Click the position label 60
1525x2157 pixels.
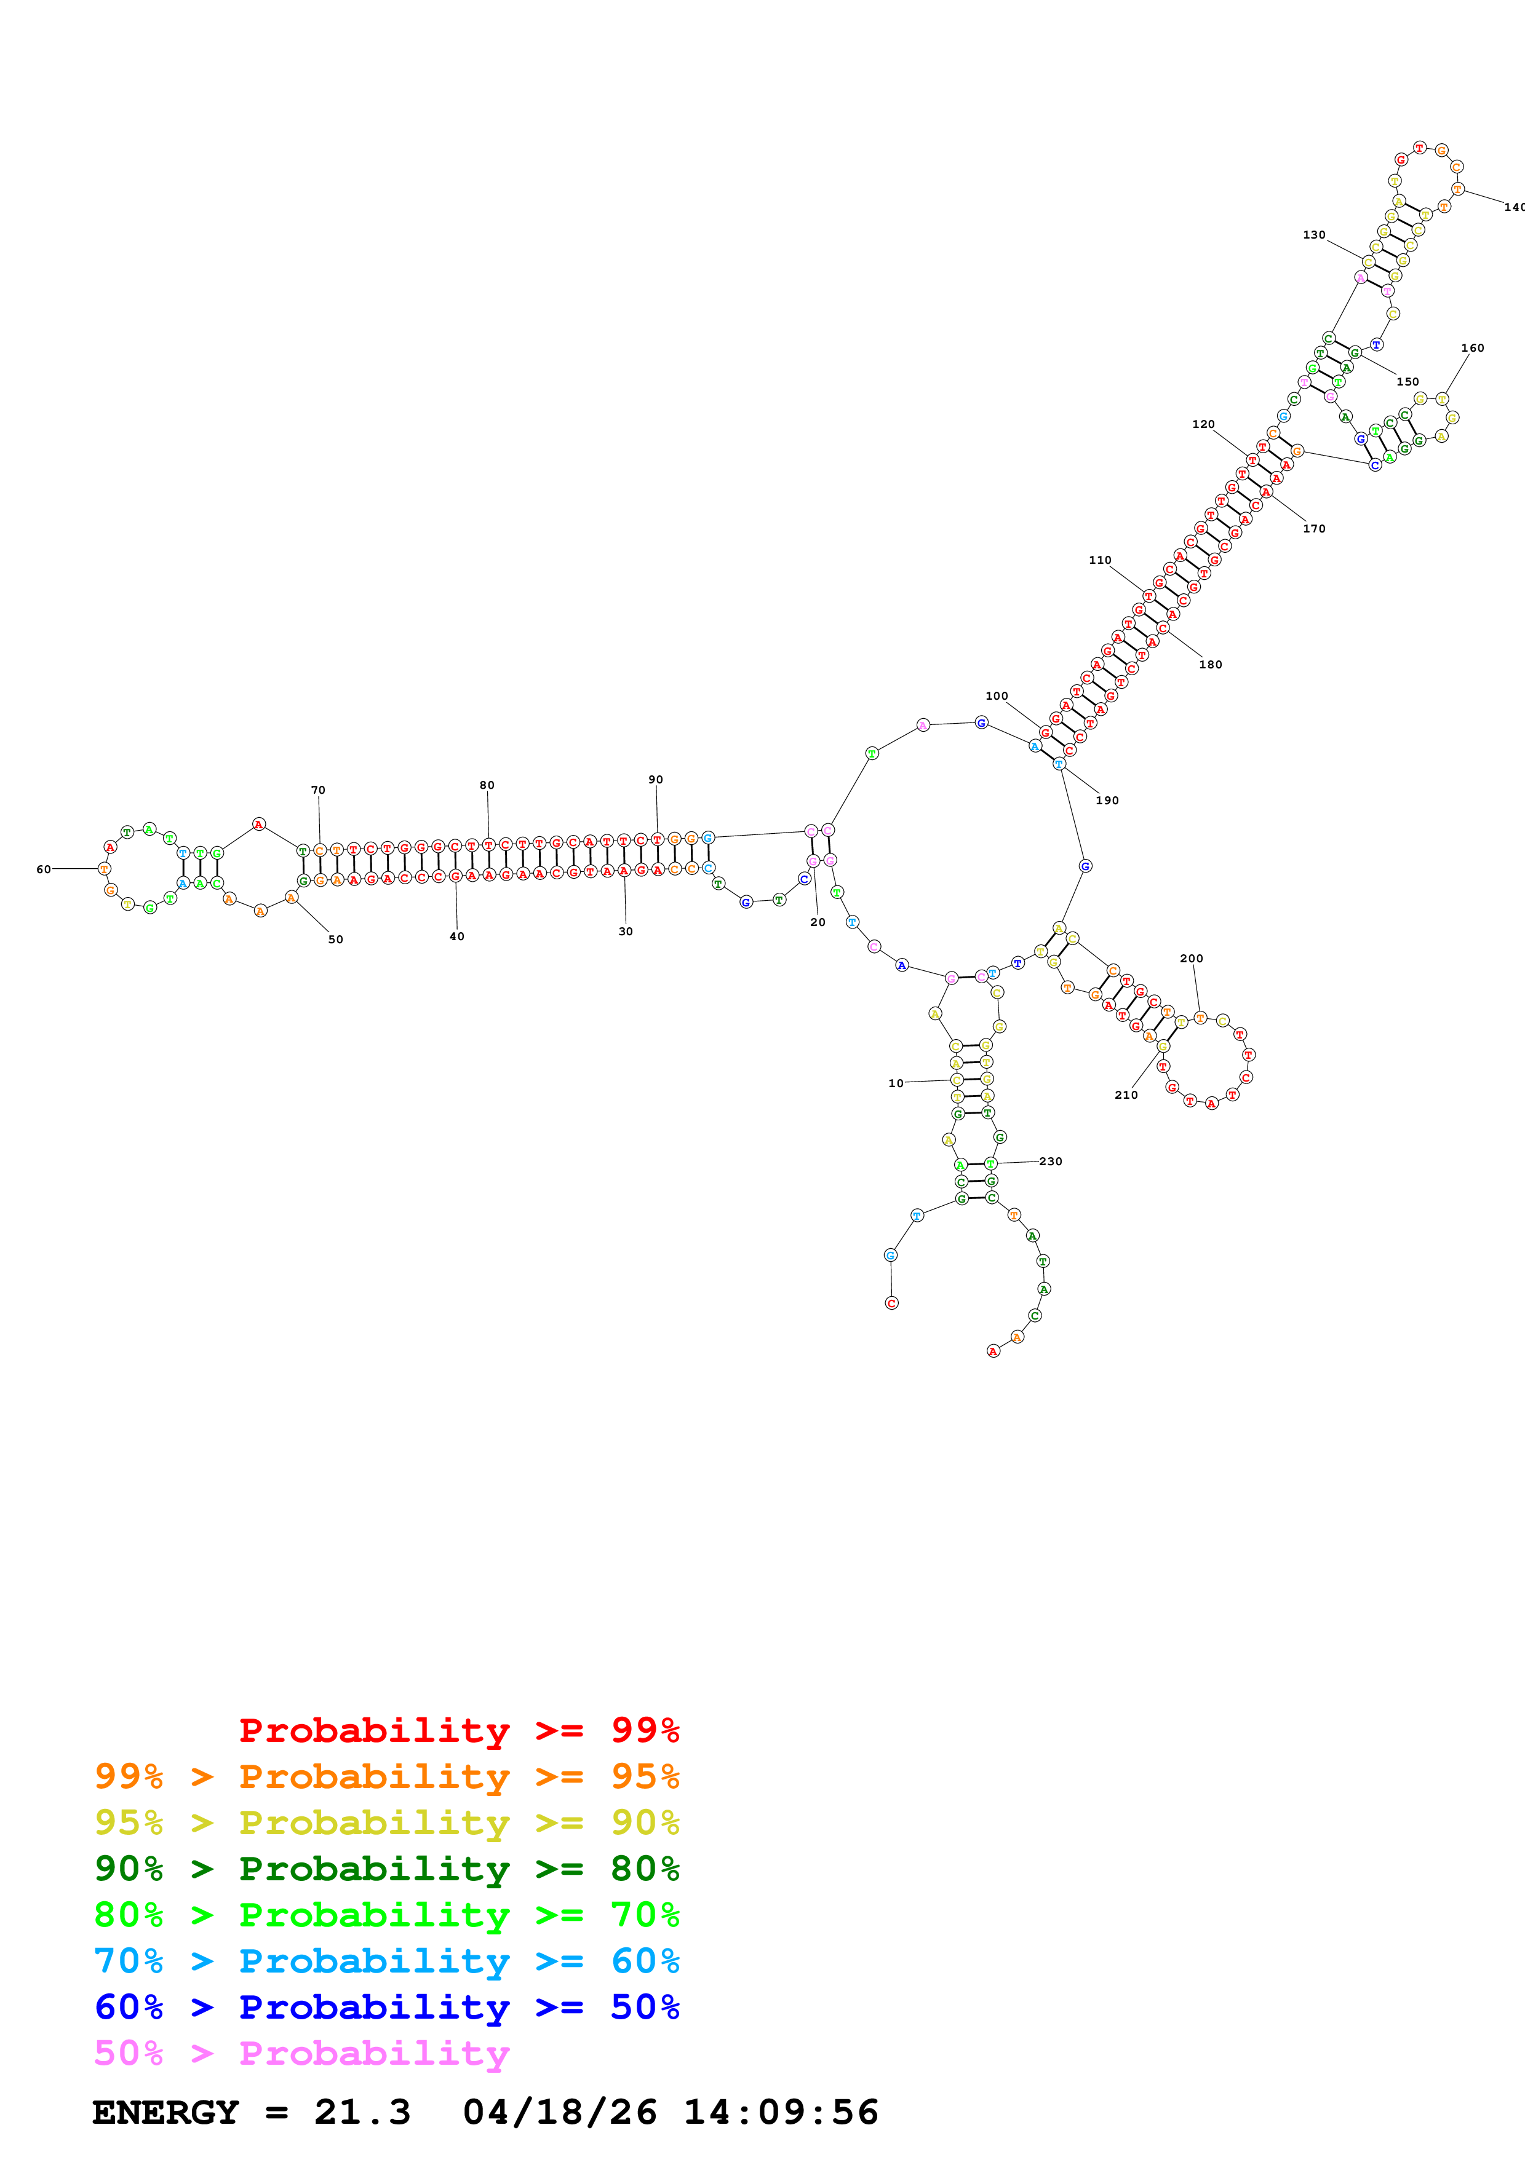coord(43,869)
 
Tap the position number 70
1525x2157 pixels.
coord(319,790)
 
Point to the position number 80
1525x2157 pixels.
coord(487,785)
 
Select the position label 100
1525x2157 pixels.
coord(996,696)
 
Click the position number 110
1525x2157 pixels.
coord(1099,560)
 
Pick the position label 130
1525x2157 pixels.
coord(1313,235)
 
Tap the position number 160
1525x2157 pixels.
coord(1472,347)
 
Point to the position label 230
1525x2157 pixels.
coord(1051,1161)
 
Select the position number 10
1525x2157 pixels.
coord(896,1083)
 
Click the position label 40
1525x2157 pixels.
coord(456,936)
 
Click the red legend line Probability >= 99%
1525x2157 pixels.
coord(458,1730)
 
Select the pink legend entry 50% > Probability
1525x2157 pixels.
coord(301,2054)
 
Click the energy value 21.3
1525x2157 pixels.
coord(362,2112)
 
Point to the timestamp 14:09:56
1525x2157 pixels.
coord(780,2112)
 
